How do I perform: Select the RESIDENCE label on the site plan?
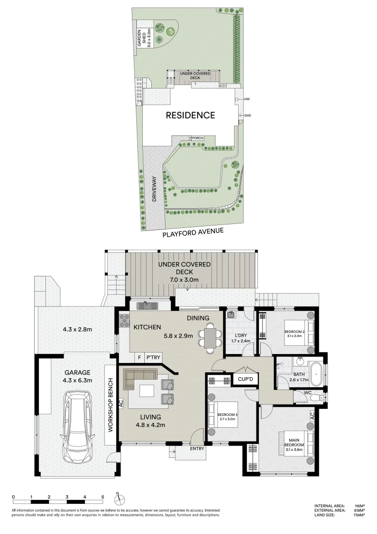(x=190, y=115)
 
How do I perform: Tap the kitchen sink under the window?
(x=147, y=306)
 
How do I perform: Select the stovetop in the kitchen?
(x=123, y=321)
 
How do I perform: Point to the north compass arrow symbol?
(x=118, y=497)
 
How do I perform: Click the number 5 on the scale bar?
(x=103, y=496)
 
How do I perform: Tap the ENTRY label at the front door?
(x=183, y=449)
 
